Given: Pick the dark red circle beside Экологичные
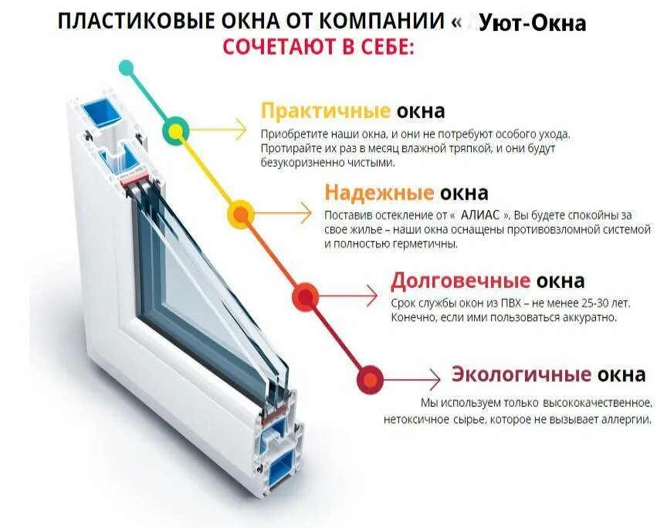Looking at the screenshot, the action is click(371, 378).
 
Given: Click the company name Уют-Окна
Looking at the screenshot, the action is click(532, 24).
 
